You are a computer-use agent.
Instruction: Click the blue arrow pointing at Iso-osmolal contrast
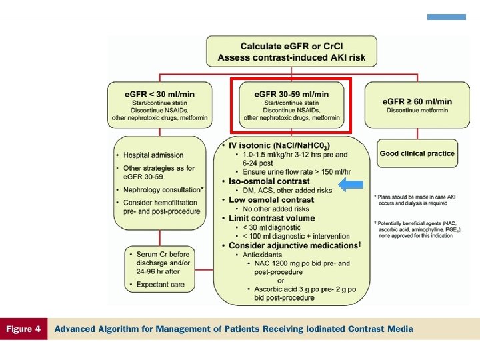[351, 185]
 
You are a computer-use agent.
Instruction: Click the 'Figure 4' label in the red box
[23, 329]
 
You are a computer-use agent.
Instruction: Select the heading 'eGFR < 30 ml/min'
[159, 94]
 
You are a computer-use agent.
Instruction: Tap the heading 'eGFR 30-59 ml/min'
[291, 93]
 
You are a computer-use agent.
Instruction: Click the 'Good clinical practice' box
[417, 153]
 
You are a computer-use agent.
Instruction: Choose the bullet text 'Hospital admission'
[155, 155]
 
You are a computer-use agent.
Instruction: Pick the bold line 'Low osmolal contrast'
[271, 199]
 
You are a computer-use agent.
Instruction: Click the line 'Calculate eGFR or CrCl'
[292, 47]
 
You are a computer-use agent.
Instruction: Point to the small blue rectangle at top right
[446, 17]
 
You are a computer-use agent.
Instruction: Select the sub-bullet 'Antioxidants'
[259, 255]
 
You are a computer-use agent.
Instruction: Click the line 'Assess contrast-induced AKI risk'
[292, 58]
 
